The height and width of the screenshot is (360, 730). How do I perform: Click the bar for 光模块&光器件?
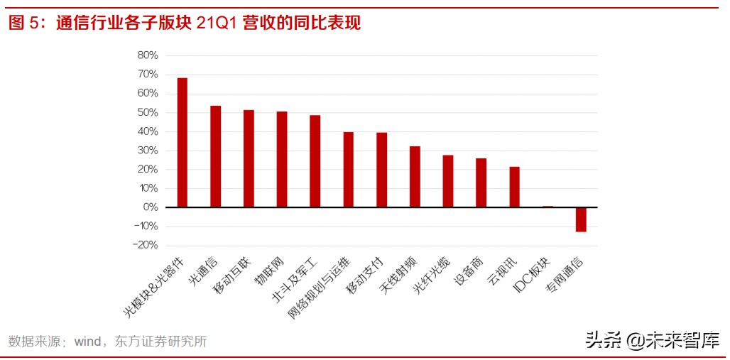182,142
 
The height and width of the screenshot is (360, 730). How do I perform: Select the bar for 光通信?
215,156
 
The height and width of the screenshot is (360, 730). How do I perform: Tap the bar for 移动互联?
249,158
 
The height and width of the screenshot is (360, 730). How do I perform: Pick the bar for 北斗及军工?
315,161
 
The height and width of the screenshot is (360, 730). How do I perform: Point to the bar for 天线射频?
415,177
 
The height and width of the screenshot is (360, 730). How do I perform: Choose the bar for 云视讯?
514,187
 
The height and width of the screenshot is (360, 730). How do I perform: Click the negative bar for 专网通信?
581,219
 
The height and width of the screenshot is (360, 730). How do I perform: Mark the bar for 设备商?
481,182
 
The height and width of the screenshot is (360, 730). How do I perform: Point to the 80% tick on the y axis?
147,55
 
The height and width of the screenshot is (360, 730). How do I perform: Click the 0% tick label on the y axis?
150,207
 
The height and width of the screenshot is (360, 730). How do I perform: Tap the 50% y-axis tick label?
147,112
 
